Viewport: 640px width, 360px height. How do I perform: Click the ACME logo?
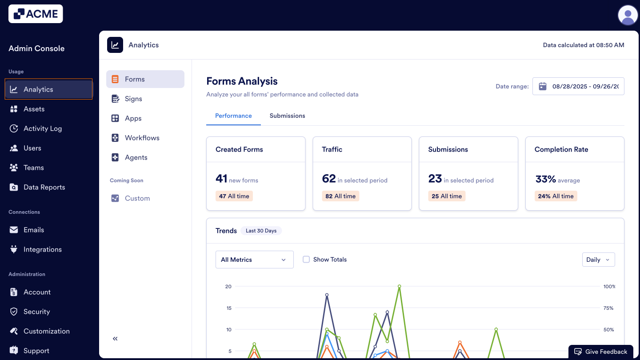point(36,14)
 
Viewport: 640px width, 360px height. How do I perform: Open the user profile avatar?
point(628,15)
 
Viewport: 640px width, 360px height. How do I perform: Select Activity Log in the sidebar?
point(42,128)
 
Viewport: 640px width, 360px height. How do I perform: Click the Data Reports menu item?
point(44,187)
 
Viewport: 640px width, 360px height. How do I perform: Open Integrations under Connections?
point(42,249)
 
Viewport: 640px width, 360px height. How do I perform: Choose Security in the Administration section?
point(36,312)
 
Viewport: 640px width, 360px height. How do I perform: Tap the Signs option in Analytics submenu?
point(133,99)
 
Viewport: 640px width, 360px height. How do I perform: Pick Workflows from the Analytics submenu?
point(142,138)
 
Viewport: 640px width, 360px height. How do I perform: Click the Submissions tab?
point(287,116)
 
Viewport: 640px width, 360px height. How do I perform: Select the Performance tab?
point(233,116)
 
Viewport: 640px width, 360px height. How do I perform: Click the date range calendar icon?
point(542,86)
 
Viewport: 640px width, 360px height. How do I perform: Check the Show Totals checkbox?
point(306,260)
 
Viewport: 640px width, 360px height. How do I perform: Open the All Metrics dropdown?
point(254,260)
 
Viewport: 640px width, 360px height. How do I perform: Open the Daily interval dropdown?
point(598,260)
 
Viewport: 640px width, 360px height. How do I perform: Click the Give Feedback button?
point(601,352)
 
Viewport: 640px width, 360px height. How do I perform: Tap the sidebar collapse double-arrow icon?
point(115,339)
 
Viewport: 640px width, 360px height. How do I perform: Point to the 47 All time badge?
point(234,196)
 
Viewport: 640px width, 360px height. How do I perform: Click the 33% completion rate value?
point(545,179)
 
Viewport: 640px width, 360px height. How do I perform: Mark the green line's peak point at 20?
point(400,286)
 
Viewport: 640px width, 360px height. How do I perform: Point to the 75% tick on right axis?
point(608,308)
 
